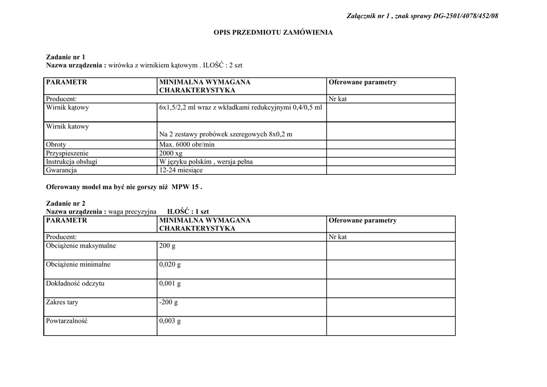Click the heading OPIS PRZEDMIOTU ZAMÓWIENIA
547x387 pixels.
(273, 33)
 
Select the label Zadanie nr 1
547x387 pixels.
(66, 57)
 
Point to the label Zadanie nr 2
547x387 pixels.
(66, 204)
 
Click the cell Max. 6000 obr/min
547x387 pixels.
(186, 145)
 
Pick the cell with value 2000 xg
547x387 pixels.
(171, 153)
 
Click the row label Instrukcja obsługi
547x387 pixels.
(72, 161)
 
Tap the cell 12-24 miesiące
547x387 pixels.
(181, 170)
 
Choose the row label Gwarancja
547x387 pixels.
(61, 170)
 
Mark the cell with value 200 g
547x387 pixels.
(167, 246)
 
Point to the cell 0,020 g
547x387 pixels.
(170, 265)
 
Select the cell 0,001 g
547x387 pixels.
(170, 283)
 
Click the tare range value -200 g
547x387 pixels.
(168, 303)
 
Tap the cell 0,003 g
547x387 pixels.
(170, 321)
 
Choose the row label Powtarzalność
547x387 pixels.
(67, 321)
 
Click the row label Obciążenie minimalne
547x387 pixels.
(78, 265)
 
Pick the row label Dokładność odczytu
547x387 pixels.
(75, 283)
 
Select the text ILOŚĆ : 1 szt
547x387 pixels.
(188, 212)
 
